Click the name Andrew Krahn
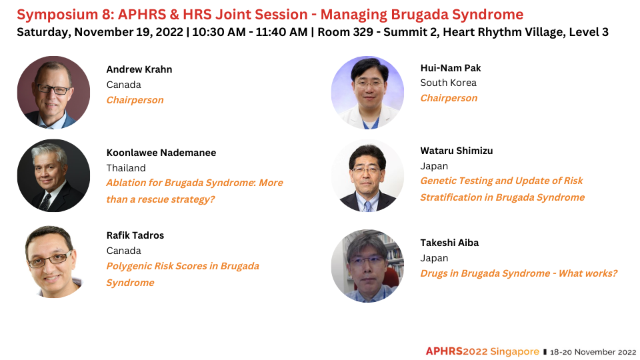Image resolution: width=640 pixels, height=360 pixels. click(x=139, y=69)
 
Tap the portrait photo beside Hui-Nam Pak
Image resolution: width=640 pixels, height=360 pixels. click(x=367, y=93)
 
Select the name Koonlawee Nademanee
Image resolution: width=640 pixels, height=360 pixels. click(x=161, y=153)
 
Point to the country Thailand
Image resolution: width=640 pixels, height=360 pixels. click(x=126, y=168)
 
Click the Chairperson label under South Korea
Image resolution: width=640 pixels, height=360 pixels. click(x=449, y=99)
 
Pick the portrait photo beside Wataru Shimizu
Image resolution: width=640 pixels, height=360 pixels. click(x=367, y=176)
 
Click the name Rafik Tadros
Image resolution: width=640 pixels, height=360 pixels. click(x=135, y=235)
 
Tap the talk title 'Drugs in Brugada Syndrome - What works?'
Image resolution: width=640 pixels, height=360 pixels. click(x=519, y=273)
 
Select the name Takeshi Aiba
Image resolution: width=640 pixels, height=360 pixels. click(x=449, y=243)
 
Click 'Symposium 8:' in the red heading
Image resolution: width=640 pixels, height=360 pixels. click(x=65, y=15)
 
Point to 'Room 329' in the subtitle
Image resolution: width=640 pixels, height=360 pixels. click(x=345, y=32)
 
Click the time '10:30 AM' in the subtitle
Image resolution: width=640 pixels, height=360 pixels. click(x=219, y=32)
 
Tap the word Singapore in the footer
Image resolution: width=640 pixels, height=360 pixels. click(x=514, y=351)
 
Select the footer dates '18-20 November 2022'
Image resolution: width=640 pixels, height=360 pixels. click(x=593, y=352)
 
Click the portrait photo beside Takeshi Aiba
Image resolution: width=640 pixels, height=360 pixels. click(x=367, y=266)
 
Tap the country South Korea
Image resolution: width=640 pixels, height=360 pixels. click(x=449, y=83)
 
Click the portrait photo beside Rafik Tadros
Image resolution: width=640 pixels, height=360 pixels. click(x=53, y=261)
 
